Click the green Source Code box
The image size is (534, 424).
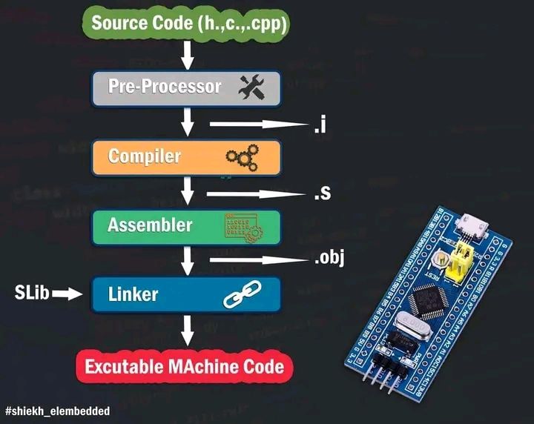[189, 21]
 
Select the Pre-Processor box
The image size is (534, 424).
[185, 87]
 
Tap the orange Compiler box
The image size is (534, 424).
[185, 156]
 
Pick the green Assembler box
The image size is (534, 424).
[185, 225]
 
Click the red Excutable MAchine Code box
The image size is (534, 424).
[184, 366]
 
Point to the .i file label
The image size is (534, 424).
[320, 126]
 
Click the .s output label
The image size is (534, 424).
[320, 194]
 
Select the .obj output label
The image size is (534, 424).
[328, 259]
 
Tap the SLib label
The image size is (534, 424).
[32, 294]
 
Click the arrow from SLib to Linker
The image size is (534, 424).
[67, 294]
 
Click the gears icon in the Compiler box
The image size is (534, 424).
[243, 156]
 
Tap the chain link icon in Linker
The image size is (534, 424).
[240, 297]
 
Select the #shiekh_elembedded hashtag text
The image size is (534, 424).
[57, 411]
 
